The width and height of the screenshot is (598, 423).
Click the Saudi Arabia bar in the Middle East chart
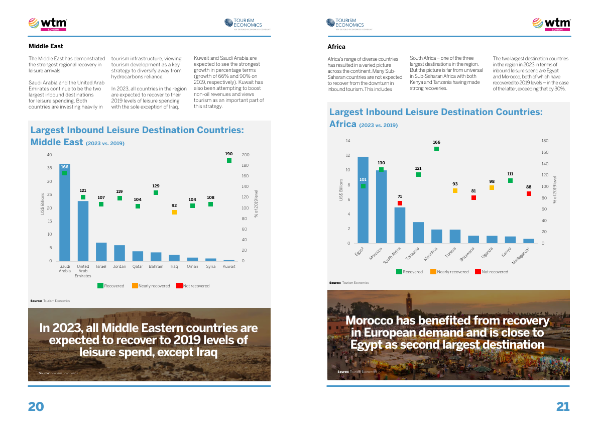tap(64, 216)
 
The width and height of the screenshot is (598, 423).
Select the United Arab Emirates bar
tap(83, 231)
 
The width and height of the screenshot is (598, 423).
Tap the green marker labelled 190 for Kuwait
tap(229, 161)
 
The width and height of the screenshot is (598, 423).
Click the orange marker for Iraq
tap(174, 212)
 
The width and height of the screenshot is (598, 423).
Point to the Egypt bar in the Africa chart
tap(363, 201)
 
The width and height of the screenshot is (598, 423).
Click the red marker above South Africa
tap(400, 203)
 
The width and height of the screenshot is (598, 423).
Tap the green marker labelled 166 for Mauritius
tap(436, 149)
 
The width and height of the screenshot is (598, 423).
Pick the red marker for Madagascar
tap(529, 193)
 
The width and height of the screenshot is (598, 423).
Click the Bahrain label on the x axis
tap(156, 266)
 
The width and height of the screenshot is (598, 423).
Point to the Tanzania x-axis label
tap(413, 252)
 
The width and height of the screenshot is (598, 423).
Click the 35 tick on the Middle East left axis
tap(49, 168)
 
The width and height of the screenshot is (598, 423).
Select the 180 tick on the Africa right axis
tap(545, 141)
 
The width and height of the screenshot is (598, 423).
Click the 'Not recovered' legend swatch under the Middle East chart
tap(179, 286)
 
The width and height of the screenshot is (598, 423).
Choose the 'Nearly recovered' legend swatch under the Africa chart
tap(433, 272)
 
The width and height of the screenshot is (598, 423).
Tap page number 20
tap(36, 406)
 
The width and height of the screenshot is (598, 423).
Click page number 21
tap(562, 406)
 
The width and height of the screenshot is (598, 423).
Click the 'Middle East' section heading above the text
tap(46, 47)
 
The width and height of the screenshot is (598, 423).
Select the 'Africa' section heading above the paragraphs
tap(336, 47)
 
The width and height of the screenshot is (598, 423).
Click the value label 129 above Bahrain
tap(156, 186)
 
